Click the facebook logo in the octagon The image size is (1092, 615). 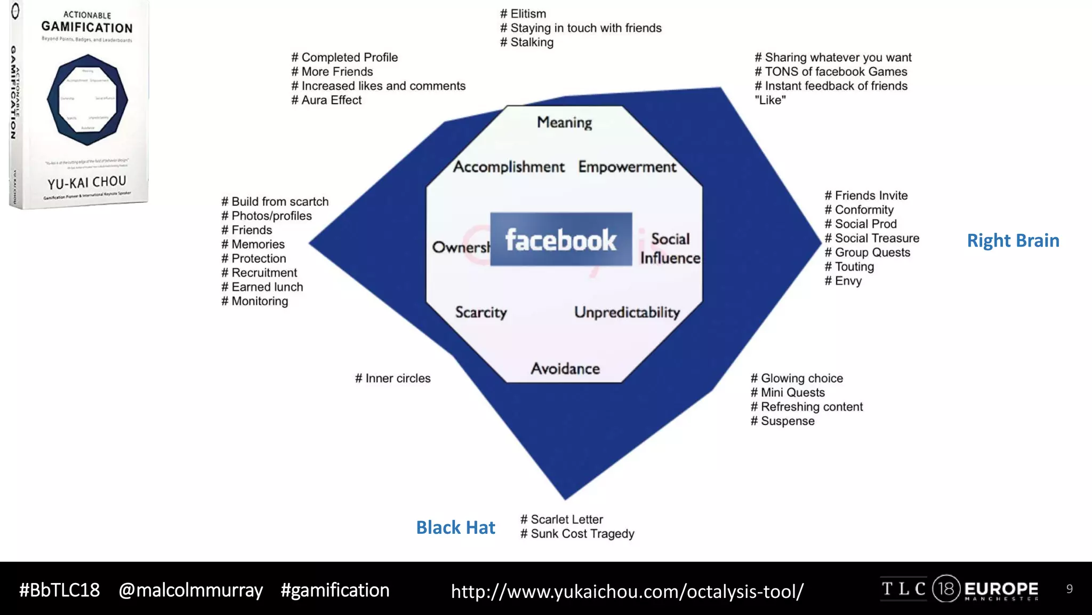pos(561,240)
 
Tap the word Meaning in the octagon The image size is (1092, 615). pos(564,122)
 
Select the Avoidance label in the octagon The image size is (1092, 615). pos(565,368)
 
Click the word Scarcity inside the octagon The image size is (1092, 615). pos(480,312)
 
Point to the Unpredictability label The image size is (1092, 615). pos(627,312)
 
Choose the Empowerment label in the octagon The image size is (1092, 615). pos(627,167)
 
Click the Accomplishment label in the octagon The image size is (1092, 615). pos(509,167)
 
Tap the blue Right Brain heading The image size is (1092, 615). pos(1013,240)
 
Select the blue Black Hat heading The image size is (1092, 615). pos(455,527)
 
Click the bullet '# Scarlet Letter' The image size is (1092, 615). pos(561,519)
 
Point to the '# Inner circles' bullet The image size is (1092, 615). pos(393,378)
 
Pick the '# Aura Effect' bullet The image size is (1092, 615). pos(326,100)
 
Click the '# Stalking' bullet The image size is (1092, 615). pos(527,42)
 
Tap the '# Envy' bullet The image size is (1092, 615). pos(843,281)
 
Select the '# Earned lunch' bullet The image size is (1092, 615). pos(262,287)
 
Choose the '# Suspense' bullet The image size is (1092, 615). pos(783,421)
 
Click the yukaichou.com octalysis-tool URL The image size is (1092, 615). pos(627,591)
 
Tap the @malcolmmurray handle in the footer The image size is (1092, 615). pos(190,590)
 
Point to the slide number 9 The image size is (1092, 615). pos(1069,589)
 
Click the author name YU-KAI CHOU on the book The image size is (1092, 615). pos(87,183)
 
